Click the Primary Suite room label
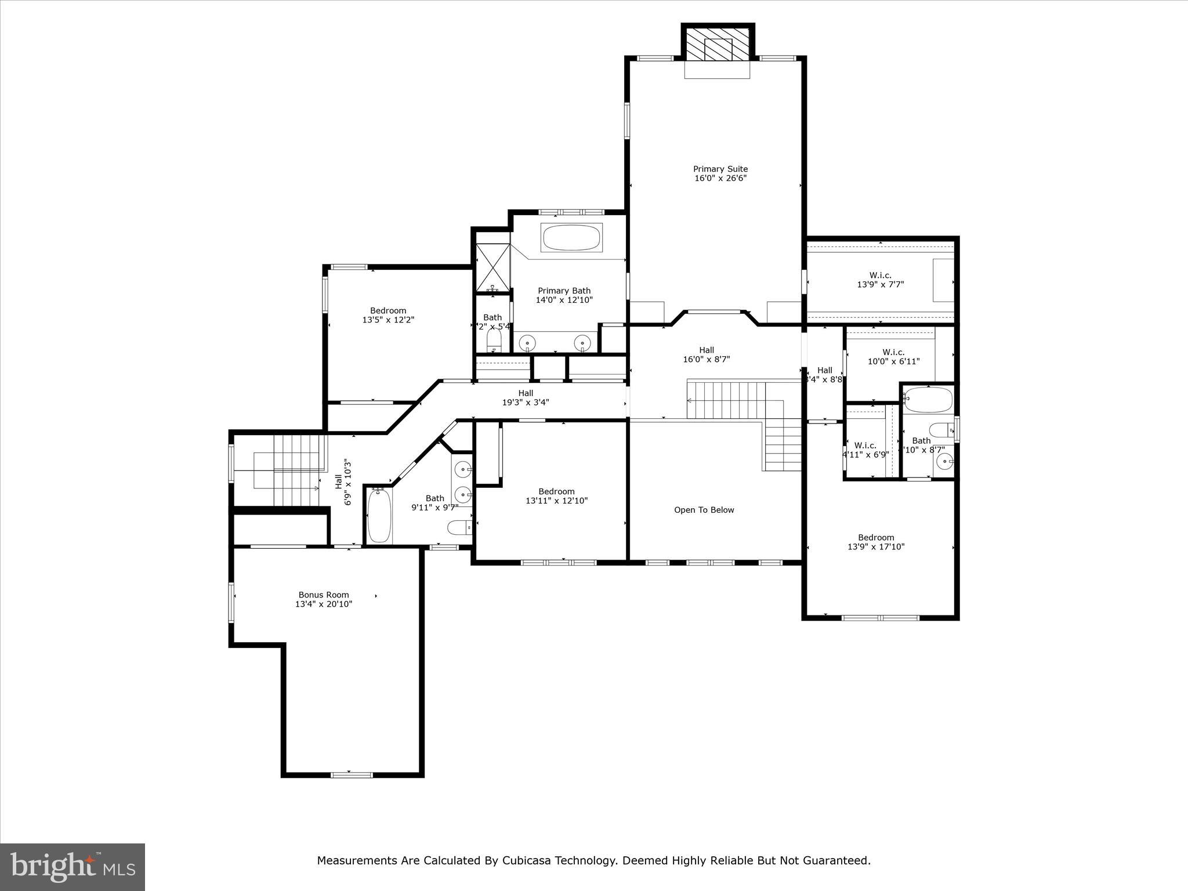tap(720, 169)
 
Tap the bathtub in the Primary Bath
tap(571, 237)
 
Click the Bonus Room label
tap(324, 595)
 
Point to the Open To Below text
tap(704, 510)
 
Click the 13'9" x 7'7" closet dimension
tap(880, 284)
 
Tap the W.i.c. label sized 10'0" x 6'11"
tap(893, 352)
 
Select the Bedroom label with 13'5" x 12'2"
tap(388, 310)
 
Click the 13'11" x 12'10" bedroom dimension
tap(556, 501)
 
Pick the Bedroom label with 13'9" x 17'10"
tap(876, 537)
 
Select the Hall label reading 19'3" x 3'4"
tap(526, 393)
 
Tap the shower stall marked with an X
tap(492, 268)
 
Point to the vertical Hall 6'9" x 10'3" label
tap(343, 482)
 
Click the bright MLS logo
tap(73, 867)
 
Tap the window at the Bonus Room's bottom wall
tap(352, 775)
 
